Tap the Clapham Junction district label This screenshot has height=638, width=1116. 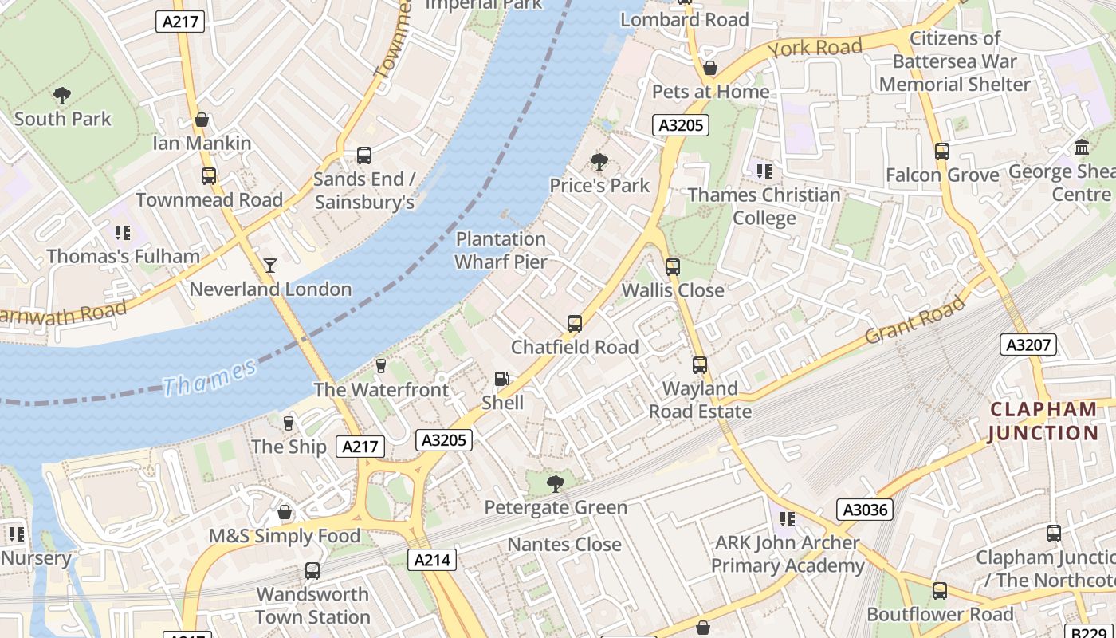[1043, 421]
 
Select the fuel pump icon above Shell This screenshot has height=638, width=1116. [501, 379]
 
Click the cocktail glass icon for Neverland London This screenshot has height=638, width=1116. [270, 265]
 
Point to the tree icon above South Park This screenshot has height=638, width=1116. [62, 96]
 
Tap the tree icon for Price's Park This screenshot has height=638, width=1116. [599, 162]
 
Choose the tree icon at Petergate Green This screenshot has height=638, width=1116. [556, 483]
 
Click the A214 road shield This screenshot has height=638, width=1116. [432, 560]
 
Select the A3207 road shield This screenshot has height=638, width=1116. [1028, 345]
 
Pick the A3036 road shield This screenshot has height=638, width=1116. [865, 509]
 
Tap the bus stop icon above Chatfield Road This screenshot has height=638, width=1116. [575, 324]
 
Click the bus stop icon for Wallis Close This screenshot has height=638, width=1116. [673, 266]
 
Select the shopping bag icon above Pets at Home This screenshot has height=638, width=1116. [710, 69]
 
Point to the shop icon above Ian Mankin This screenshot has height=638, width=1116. [202, 120]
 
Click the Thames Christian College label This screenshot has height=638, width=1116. [764, 206]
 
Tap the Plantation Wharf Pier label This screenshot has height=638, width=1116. [501, 250]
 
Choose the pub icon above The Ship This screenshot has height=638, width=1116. [289, 423]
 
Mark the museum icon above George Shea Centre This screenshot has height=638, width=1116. [1082, 148]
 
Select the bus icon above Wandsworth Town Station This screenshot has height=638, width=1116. [312, 571]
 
